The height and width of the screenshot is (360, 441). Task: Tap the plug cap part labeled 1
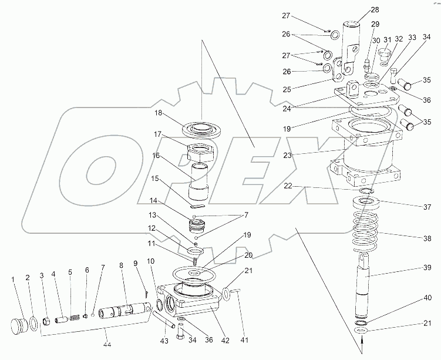[19, 326]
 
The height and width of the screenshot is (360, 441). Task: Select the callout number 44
[107, 344]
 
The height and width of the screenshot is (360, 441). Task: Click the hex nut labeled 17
[201, 153]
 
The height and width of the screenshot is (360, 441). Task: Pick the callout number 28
[375, 10]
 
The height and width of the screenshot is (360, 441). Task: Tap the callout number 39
[427, 267]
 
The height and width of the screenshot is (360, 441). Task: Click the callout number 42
[225, 341]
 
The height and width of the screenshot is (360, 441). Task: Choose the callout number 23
[287, 155]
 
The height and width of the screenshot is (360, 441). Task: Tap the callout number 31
[388, 40]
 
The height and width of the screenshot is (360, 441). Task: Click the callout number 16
[156, 156]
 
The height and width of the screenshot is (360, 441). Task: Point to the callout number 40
[427, 298]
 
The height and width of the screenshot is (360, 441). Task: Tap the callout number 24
[287, 109]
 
